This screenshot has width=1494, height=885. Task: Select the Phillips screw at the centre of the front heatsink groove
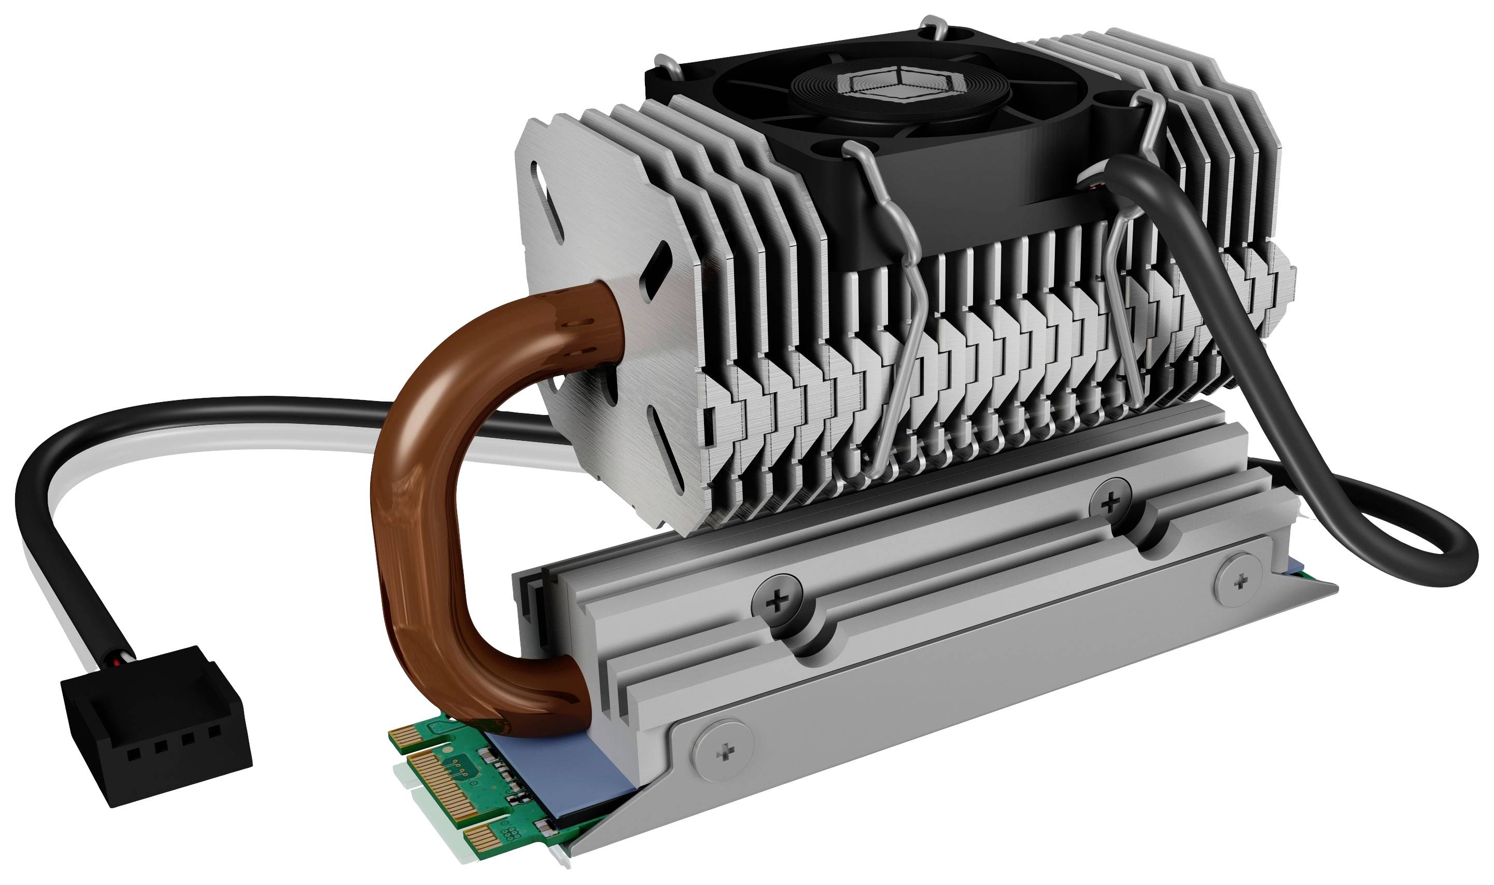[x=777, y=602]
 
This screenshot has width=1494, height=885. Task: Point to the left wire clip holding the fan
[x=900, y=334]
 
